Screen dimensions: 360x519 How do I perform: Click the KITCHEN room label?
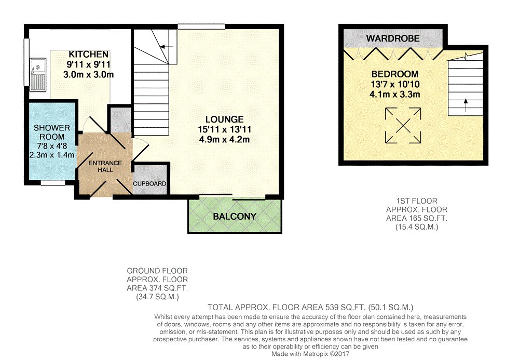click(89, 55)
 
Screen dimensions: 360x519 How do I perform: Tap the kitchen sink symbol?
click(38, 75)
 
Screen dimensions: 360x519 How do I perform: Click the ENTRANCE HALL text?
click(104, 167)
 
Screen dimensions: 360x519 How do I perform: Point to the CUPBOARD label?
click(149, 184)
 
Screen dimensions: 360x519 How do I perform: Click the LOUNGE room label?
click(224, 119)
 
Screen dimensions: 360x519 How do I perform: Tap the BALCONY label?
click(235, 216)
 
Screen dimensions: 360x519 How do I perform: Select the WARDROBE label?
click(392, 38)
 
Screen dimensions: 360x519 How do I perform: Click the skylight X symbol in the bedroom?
click(403, 125)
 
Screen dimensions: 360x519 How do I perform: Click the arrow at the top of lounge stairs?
click(166, 47)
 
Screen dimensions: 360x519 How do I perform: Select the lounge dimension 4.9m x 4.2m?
click(224, 139)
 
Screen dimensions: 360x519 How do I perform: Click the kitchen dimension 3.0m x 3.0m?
click(89, 74)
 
